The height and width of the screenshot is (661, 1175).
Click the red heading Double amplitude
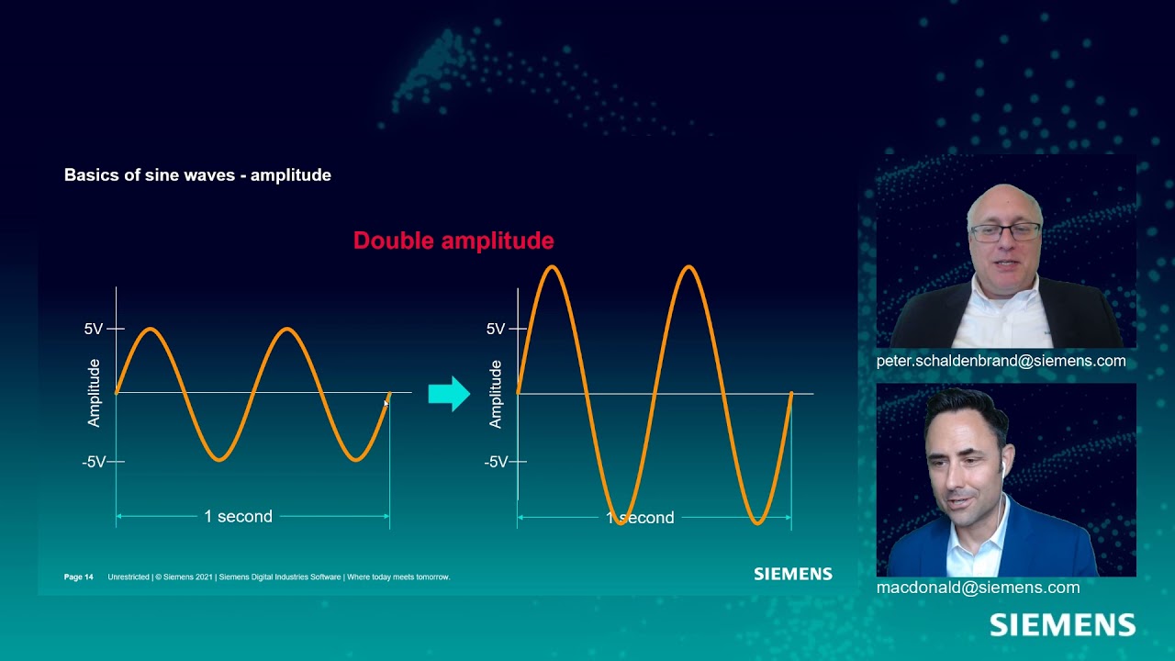click(453, 241)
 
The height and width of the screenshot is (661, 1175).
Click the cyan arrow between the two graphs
click(449, 394)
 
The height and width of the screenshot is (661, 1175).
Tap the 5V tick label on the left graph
click(94, 329)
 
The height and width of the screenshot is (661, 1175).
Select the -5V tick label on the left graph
click(94, 462)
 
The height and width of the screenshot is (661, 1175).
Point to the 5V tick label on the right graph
click(496, 329)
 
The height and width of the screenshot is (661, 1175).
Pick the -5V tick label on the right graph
click(496, 462)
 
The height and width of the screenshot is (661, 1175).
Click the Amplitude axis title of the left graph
click(94, 393)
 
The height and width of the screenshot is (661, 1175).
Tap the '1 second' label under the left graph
click(238, 517)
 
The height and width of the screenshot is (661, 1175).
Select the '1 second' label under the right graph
click(640, 518)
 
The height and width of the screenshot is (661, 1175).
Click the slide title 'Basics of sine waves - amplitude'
click(197, 174)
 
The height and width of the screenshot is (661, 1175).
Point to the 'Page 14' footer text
click(79, 577)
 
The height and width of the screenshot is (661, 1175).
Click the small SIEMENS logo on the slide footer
click(793, 574)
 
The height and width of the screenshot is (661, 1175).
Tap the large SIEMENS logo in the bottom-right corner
click(1062, 626)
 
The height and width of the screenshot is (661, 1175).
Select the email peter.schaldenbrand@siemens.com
click(1001, 361)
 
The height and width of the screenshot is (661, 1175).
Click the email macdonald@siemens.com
click(978, 588)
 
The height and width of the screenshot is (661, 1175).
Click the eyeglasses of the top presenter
click(1005, 231)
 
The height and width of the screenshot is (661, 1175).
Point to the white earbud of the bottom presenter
click(1002, 469)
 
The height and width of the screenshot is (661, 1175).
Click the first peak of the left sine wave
click(151, 330)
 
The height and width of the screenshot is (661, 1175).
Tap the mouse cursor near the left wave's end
click(386, 403)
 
